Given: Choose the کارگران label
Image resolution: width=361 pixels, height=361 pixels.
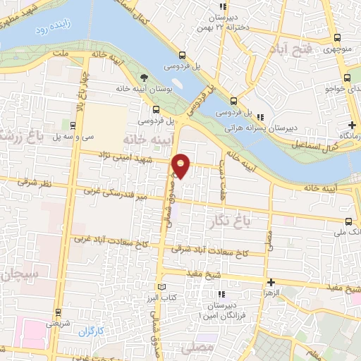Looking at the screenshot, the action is pyautogui.click(x=91, y=329).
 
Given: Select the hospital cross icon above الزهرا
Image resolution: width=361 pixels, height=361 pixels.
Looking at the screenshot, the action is pyautogui.click(x=271, y=281).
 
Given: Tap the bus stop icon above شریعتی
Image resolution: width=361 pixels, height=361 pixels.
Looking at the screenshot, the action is pyautogui.click(x=57, y=312).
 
